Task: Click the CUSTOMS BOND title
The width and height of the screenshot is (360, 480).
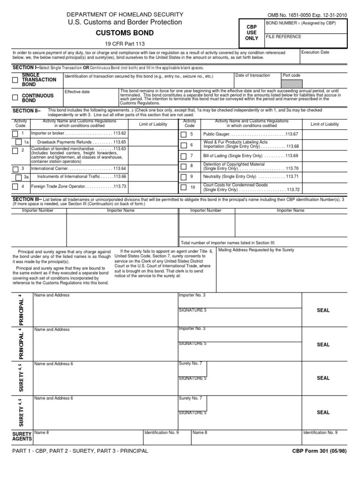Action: [x=125, y=33]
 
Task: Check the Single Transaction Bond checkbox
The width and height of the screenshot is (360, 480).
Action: [x=15, y=80]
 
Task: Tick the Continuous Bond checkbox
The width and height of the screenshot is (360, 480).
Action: [x=15, y=97]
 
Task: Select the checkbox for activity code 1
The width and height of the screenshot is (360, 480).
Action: [x=15, y=134]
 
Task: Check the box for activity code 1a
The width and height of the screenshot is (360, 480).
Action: [x=18, y=142]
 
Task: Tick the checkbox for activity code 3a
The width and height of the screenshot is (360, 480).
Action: [x=18, y=177]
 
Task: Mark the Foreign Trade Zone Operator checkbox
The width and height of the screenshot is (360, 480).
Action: [x=15, y=186]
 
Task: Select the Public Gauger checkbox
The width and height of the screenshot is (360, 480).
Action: [x=184, y=135]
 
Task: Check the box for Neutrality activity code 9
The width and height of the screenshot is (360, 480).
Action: [x=184, y=177]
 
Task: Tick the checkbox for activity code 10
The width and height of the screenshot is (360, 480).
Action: [x=184, y=187]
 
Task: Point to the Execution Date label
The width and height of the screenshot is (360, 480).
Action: [x=316, y=52]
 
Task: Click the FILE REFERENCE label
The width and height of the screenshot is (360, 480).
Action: [x=284, y=37]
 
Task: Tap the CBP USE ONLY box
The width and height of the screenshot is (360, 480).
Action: [x=252, y=33]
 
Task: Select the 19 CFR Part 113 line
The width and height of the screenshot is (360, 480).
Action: [x=125, y=44]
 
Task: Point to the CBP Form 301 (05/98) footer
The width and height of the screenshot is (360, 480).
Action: [x=319, y=451]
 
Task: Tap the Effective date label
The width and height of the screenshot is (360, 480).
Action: [x=77, y=92]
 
